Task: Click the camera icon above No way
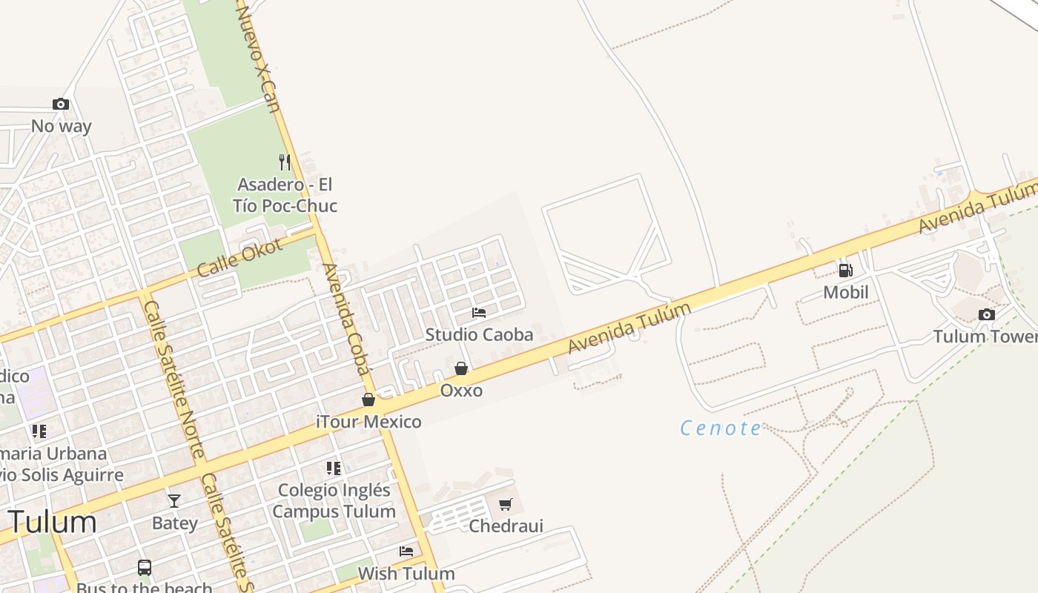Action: click(x=61, y=105)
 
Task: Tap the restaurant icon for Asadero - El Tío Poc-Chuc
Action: click(x=285, y=162)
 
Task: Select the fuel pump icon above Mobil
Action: click(x=845, y=271)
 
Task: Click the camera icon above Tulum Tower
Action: click(x=986, y=315)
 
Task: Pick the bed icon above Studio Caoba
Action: click(x=479, y=313)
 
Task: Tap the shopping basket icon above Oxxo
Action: click(x=461, y=368)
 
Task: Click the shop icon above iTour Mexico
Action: click(x=368, y=400)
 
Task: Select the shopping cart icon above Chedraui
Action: click(x=506, y=505)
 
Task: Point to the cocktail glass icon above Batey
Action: click(x=174, y=501)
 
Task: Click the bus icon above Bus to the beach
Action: click(x=145, y=568)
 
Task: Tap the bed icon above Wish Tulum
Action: click(x=406, y=551)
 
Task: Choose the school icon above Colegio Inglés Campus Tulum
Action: click(x=334, y=468)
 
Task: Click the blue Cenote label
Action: click(x=721, y=428)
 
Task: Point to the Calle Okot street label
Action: click(x=239, y=257)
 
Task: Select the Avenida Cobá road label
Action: click(x=346, y=319)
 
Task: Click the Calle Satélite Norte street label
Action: click(x=173, y=378)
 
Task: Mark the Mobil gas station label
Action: click(x=846, y=293)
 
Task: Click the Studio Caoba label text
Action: click(x=479, y=335)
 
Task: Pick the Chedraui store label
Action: click(x=506, y=526)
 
